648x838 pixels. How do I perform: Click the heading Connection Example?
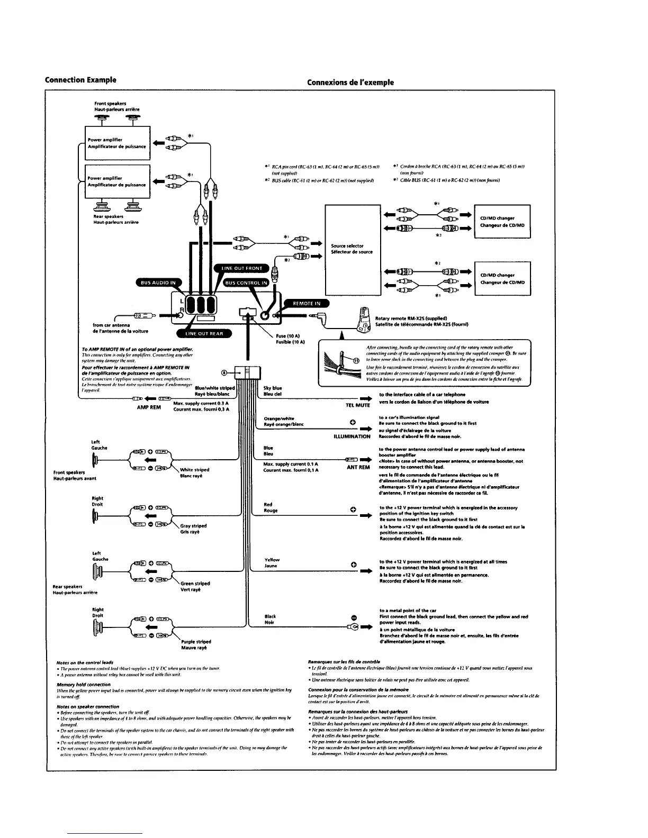coord(80,80)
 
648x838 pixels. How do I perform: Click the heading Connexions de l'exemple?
coord(350,82)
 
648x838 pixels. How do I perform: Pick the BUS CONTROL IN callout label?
coord(246,283)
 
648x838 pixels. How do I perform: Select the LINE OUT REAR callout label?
coord(204,333)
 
